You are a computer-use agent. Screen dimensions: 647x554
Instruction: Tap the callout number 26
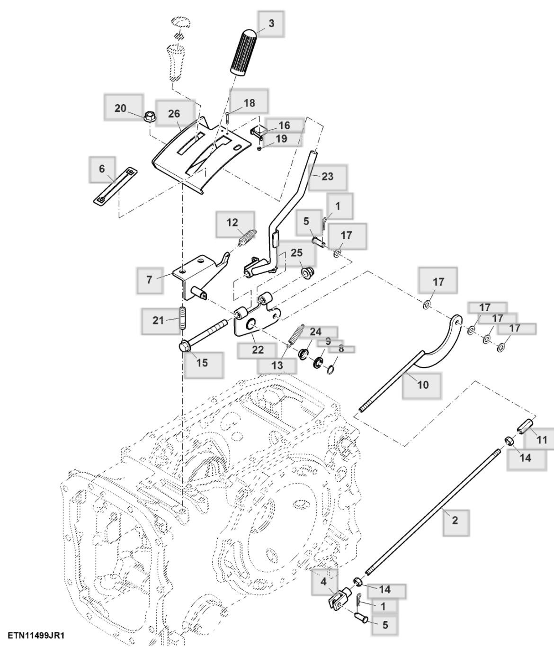pos(174,114)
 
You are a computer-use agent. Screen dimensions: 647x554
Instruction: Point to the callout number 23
pos(327,177)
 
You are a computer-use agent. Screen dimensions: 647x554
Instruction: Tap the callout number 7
pos(150,279)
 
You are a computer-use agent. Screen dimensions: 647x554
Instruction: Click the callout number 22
pos(258,350)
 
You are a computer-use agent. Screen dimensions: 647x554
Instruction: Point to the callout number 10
pos(423,385)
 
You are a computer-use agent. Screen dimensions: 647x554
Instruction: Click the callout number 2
pos(455,521)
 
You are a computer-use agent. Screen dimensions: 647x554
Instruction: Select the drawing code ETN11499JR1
pos(36,634)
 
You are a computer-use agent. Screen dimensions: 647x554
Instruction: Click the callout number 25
pos(296,252)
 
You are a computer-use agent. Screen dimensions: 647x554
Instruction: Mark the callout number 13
pos(277,365)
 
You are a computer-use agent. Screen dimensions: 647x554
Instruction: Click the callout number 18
pos(249,103)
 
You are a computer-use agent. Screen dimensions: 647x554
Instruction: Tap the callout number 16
pos(284,125)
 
